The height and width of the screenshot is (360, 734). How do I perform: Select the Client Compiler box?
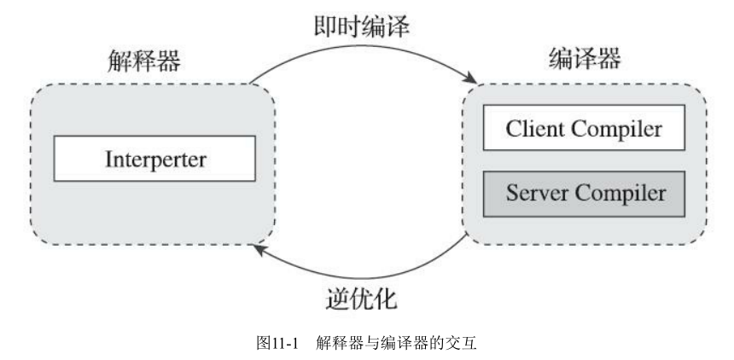[x=584, y=130]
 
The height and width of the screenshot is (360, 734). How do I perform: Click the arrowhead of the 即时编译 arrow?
[x=470, y=81]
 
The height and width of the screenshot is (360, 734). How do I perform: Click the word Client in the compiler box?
[x=534, y=130]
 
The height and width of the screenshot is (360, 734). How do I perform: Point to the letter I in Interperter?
[x=108, y=159]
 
